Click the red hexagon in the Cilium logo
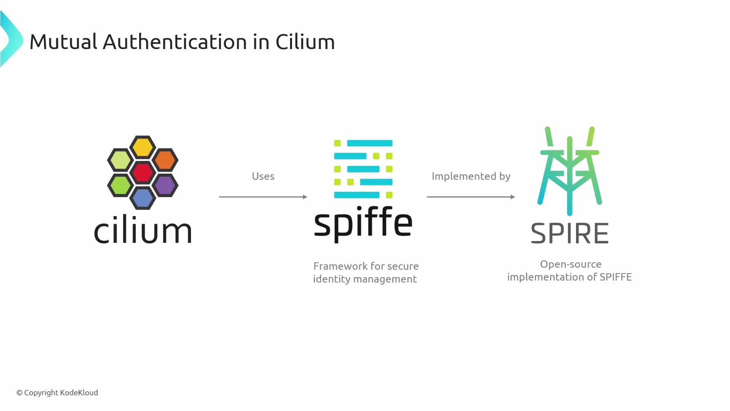coord(143,172)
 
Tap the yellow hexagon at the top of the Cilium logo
coord(143,147)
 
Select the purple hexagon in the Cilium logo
coord(165,185)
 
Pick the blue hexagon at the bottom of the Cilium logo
coord(143,198)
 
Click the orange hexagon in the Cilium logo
coord(165,160)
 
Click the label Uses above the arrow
coord(263,176)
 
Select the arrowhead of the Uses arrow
coord(305,197)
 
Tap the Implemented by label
coord(471,176)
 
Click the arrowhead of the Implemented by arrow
coord(513,197)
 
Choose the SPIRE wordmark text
coord(570,233)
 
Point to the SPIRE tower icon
coord(570,171)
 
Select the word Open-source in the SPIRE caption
coord(570,264)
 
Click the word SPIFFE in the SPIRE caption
coord(616,277)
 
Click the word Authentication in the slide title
coord(175,41)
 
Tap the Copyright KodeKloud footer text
coord(57,392)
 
